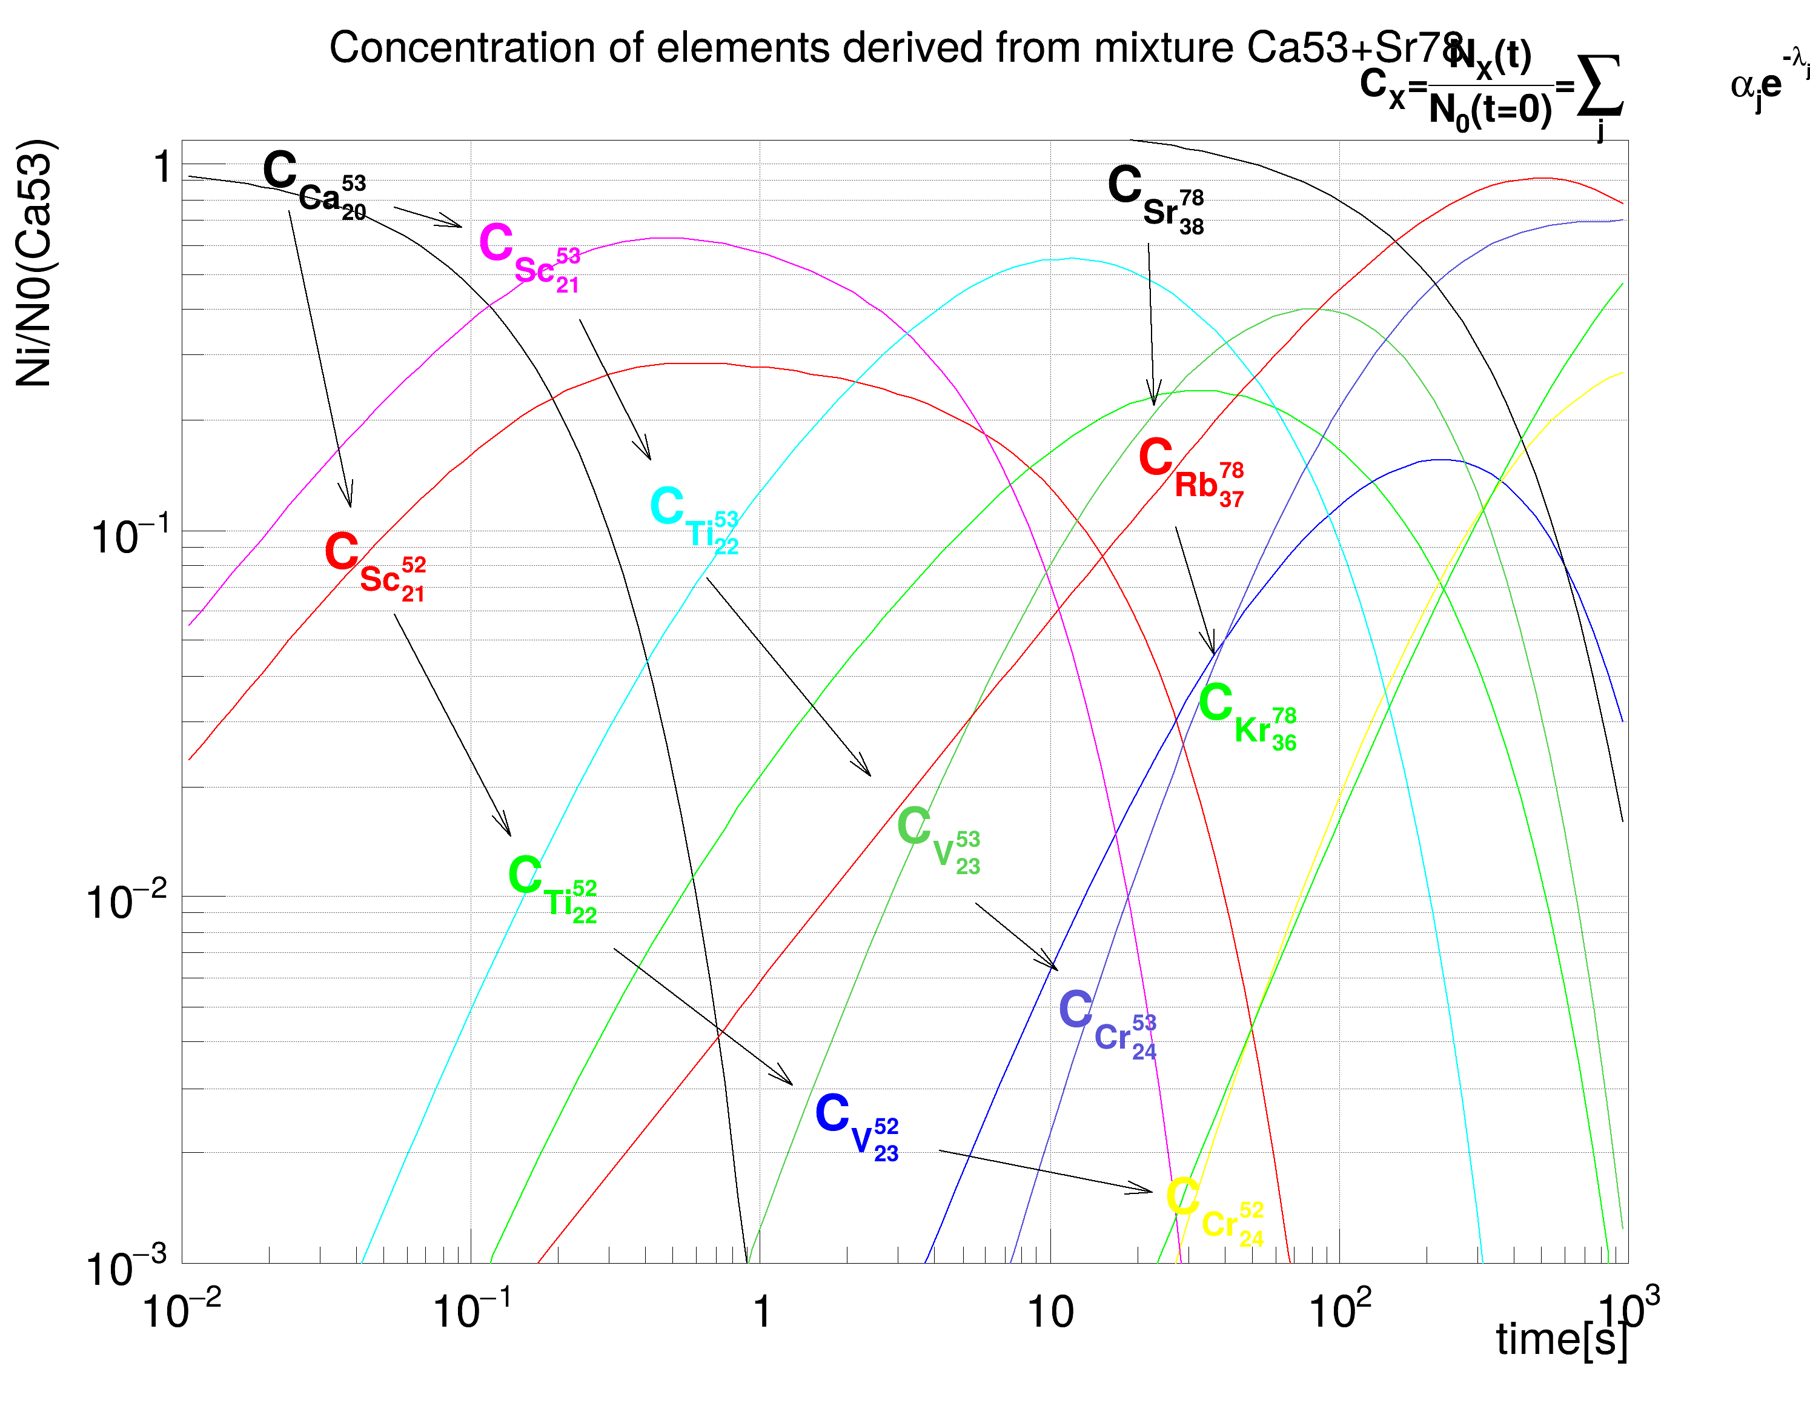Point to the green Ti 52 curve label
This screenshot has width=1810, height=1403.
point(552,888)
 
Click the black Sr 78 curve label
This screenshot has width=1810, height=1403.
point(1155,198)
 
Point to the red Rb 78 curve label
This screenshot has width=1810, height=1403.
point(1191,471)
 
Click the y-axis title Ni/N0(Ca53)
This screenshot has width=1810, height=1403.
point(34,264)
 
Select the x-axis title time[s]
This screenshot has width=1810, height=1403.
point(1562,1338)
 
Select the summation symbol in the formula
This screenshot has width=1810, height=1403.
point(1599,88)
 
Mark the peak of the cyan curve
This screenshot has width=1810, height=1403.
point(1071,259)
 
